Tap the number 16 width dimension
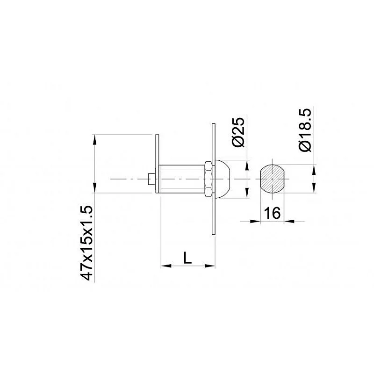[272, 213]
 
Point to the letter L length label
[187, 258]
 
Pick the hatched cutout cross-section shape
[272, 179]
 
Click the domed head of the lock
[223, 179]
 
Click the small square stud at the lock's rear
[151, 179]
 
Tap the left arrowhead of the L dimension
[165, 266]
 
